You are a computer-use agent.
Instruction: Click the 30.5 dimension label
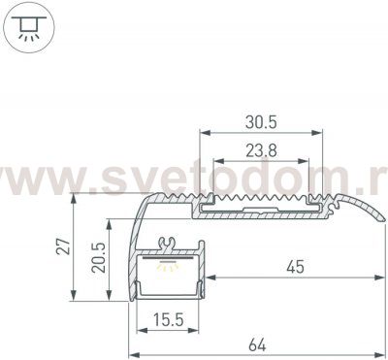click(x=261, y=122)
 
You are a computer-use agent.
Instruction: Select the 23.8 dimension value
click(x=261, y=150)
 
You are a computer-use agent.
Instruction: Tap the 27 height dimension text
click(x=64, y=246)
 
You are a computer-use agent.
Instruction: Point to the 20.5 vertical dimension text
click(x=99, y=258)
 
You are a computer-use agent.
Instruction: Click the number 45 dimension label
click(x=295, y=267)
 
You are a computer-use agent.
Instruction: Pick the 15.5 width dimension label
click(x=168, y=320)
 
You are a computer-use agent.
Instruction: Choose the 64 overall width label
click(x=257, y=344)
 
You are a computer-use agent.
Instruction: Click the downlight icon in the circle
click(x=29, y=27)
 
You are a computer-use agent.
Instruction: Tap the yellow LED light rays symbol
click(x=168, y=266)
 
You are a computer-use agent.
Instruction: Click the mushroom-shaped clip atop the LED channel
click(x=167, y=244)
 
